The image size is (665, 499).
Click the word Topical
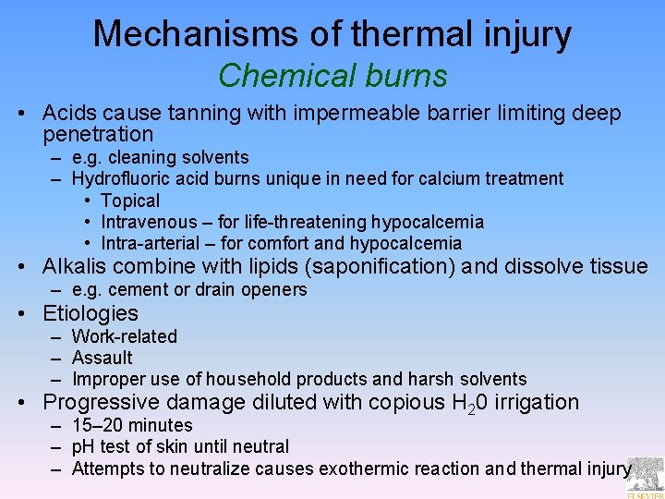click(130, 201)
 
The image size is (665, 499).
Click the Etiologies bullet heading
click(91, 313)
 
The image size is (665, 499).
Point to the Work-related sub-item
click(124, 336)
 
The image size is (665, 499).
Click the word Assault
click(102, 358)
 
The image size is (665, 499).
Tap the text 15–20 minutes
click(132, 425)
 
